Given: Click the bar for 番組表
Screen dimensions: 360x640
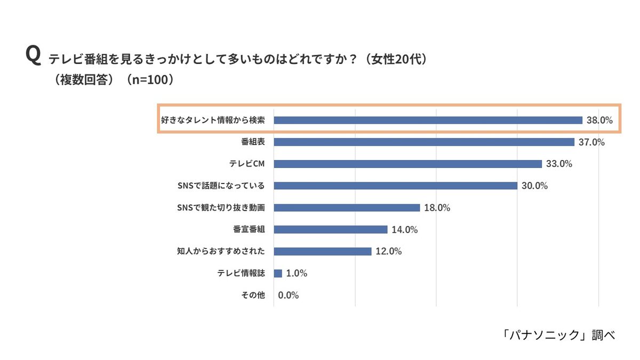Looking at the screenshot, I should coord(424,142).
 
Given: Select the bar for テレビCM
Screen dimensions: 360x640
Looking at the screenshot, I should coord(407,164).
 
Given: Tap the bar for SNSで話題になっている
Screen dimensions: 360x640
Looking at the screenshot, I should coord(395,186).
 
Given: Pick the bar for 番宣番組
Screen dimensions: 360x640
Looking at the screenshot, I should coord(330,230).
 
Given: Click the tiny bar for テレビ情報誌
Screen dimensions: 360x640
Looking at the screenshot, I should coord(278,274).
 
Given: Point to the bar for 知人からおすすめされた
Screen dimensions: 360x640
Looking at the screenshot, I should coord(322,252).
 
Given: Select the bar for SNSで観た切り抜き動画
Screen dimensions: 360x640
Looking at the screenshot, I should coord(347,208).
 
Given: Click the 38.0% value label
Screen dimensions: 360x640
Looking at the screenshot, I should coord(599,121).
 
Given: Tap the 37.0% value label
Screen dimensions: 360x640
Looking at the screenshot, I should coord(591,142).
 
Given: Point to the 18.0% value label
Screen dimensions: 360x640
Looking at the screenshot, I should coord(437,208).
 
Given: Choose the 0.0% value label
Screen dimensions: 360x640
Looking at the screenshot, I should coord(289,295).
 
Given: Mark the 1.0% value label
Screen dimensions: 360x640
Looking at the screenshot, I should coord(297,274).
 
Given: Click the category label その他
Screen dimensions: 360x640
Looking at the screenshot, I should coord(253,295).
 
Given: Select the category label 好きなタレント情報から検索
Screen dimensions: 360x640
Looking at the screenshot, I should coord(213,121).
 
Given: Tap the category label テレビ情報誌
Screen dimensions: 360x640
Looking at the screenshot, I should coord(241,274).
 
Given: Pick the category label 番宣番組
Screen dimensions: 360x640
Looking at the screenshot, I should coord(249,230).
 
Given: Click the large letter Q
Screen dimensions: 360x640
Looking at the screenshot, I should coord(33,55).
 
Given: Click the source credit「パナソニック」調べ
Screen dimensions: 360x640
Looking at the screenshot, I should coord(558,335).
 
